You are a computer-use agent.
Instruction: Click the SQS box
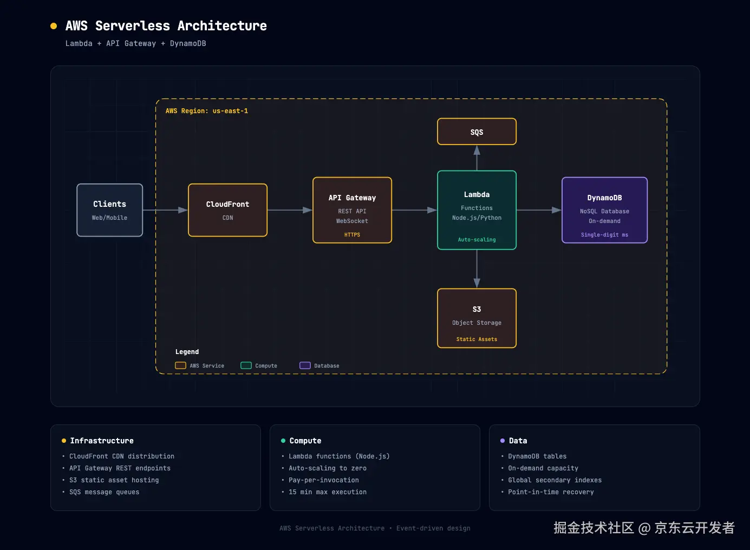477,132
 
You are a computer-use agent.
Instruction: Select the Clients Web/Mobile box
109,210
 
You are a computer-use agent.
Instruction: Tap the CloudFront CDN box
227,210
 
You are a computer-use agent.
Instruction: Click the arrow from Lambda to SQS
477,158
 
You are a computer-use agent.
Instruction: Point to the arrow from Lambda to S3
477,269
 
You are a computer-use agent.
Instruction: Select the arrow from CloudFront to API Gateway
290,210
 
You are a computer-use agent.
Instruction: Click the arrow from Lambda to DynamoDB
539,210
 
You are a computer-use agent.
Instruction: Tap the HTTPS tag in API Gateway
352,234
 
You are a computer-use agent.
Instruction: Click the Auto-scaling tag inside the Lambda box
477,240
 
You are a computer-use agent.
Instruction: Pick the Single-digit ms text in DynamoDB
604,234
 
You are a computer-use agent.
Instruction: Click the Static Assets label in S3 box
477,339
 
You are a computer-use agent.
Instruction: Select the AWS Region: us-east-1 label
206,111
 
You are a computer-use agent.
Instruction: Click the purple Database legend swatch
305,365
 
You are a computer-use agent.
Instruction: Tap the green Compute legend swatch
246,365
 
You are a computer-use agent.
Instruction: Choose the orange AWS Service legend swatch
180,365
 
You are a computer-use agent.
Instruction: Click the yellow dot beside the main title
53,26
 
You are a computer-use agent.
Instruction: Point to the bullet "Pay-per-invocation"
323,480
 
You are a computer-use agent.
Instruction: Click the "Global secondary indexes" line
555,480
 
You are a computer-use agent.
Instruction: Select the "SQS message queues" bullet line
104,492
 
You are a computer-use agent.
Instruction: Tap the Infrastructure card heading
101,441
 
